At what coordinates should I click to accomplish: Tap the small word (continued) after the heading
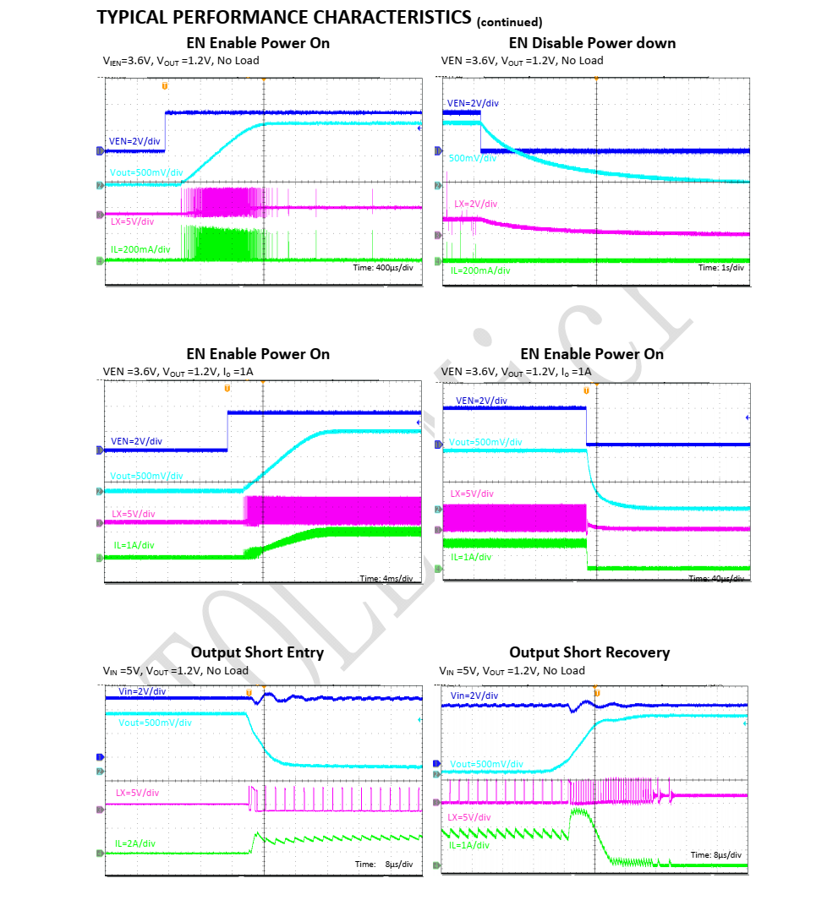pos(510,22)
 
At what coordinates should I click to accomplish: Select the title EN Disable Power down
pos(592,43)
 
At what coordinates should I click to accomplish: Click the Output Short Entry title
pos(257,652)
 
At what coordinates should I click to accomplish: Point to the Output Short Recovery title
pos(589,652)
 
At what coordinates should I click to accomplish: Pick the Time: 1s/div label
pos(720,267)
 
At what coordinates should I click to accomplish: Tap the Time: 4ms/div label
pos(386,579)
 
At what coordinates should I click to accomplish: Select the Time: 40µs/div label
pos(717,579)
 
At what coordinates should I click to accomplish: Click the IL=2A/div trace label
pos(135,843)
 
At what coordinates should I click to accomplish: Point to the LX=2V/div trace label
pos(475,204)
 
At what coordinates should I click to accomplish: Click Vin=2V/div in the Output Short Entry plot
pos(141,691)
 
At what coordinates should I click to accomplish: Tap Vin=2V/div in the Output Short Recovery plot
pos(474,696)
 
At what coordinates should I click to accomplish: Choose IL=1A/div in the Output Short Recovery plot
pos(469,845)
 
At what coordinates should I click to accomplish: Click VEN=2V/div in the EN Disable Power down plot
pos(473,103)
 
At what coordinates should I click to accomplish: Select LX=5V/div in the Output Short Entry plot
pos(137,793)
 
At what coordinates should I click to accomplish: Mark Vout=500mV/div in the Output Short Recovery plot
pos(486,764)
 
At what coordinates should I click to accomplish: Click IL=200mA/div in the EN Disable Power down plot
pos(480,270)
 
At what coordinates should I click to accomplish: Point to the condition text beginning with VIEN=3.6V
pos(181,60)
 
